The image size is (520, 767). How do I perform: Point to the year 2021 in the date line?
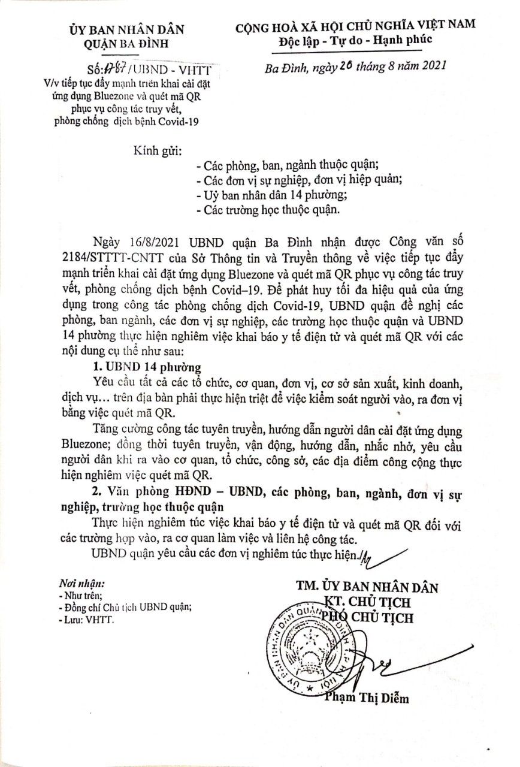click(431, 66)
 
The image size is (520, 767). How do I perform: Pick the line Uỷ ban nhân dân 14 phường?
click(271, 195)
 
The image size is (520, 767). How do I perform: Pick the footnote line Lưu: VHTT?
click(86, 620)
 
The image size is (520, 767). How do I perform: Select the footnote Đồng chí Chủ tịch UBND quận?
click(125, 607)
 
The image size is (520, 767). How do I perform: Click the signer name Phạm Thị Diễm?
click(367, 698)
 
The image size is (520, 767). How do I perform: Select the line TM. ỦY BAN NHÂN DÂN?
click(367, 587)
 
